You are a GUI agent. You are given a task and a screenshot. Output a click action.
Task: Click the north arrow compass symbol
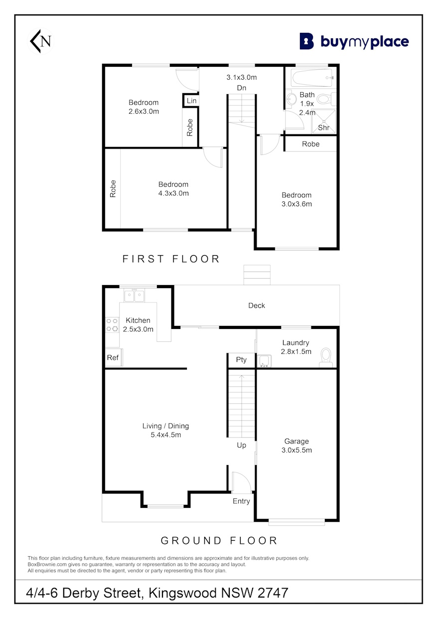[41, 41]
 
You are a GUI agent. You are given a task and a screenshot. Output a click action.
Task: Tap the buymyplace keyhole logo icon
[307, 41]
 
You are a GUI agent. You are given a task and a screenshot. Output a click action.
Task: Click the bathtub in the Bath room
[312, 78]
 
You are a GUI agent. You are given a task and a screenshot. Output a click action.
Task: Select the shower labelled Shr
[323, 122]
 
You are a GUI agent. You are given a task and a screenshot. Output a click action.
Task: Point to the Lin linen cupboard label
[191, 101]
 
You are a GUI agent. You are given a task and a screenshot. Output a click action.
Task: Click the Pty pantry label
[241, 360]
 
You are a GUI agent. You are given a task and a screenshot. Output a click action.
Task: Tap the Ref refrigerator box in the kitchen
[114, 357]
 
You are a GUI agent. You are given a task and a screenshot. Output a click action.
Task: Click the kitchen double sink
[135, 296]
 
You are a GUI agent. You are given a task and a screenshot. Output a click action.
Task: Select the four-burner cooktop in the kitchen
[112, 325]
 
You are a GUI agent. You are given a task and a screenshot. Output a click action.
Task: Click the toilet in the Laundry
[326, 357]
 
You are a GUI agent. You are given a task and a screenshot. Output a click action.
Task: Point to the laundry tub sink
[264, 361]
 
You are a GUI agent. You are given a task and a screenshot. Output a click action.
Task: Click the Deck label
[257, 306]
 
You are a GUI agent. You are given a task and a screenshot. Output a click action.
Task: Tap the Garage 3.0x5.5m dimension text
[296, 450]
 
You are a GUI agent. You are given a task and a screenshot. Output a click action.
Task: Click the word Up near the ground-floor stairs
[241, 445]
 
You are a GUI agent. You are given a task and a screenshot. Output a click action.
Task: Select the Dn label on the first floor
[241, 88]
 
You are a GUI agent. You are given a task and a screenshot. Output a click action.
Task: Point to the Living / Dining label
[165, 426]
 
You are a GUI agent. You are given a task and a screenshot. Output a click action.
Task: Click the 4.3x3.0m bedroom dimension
[173, 193]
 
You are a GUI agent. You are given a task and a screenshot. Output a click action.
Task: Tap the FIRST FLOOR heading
[171, 259]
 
